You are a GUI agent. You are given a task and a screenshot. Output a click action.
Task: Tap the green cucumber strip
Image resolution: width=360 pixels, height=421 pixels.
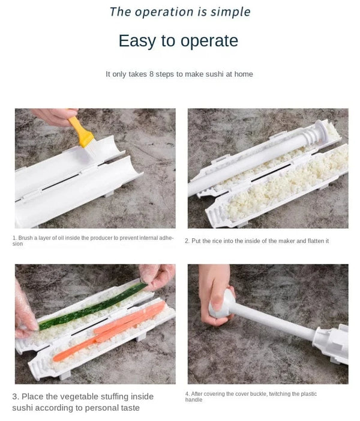[x=90, y=308]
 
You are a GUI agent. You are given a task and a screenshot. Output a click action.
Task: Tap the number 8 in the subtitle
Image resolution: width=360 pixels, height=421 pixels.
[x=152, y=74]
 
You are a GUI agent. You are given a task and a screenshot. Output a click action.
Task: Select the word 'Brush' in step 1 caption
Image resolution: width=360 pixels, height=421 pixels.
[x=26, y=238]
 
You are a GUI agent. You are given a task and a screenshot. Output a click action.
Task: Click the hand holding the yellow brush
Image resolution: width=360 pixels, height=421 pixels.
[x=55, y=116]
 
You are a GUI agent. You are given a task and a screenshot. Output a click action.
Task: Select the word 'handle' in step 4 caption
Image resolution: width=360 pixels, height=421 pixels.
[x=194, y=400]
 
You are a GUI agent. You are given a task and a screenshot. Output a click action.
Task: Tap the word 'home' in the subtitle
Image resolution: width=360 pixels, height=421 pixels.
[x=243, y=74]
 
